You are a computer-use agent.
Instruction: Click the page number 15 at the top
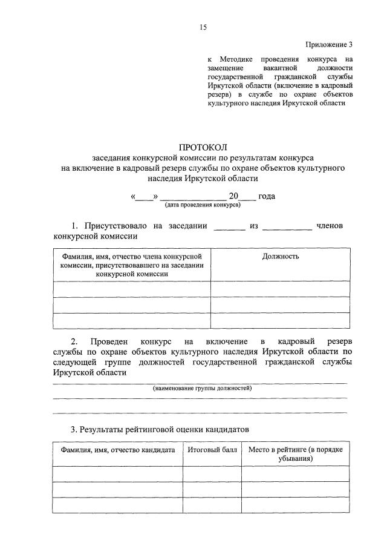click(x=203, y=27)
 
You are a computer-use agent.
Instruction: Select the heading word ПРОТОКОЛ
click(x=203, y=148)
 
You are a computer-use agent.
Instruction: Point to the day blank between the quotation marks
click(x=144, y=196)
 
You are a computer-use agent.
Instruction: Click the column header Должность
click(x=281, y=256)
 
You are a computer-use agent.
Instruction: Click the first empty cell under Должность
click(x=281, y=289)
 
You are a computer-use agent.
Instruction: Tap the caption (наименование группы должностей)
click(x=202, y=387)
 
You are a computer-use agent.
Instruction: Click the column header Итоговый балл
click(x=212, y=450)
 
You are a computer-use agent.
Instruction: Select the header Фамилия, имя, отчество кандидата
click(x=117, y=450)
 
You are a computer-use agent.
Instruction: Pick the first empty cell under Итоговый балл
click(x=212, y=474)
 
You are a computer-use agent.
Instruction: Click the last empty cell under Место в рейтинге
click(x=296, y=505)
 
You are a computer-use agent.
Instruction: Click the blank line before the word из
click(x=230, y=227)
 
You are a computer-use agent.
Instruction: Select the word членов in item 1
click(x=330, y=226)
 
